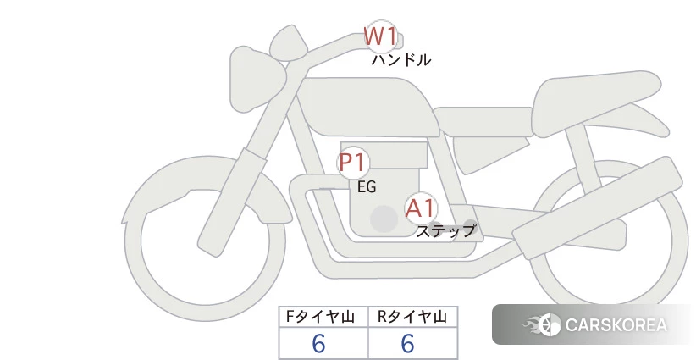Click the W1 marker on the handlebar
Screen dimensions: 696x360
(380, 36)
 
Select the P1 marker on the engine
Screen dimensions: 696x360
(353, 163)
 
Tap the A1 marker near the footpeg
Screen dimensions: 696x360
(421, 208)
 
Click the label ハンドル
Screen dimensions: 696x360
(400, 59)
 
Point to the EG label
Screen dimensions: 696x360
(367, 187)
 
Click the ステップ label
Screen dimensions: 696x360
(445, 231)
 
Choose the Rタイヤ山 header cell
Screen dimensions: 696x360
(413, 317)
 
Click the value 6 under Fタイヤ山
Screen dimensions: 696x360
(318, 344)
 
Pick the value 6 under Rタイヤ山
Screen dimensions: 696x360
(408, 344)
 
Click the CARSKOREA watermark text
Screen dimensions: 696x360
(616, 325)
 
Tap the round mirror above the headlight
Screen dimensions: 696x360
(289, 42)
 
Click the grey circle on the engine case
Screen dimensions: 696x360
(384, 219)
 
